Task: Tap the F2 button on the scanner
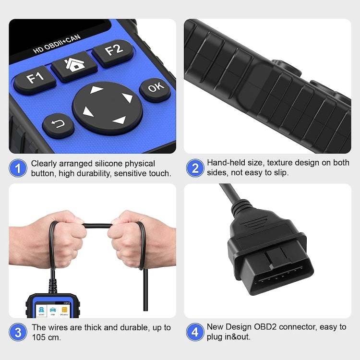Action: pos(113,50)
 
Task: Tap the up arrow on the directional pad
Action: pos(97,90)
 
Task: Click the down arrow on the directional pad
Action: pos(118,120)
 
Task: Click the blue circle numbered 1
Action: pos(18,168)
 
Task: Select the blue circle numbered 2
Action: pos(195,168)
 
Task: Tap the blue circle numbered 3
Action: pos(18,332)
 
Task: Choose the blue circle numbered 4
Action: pos(195,332)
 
